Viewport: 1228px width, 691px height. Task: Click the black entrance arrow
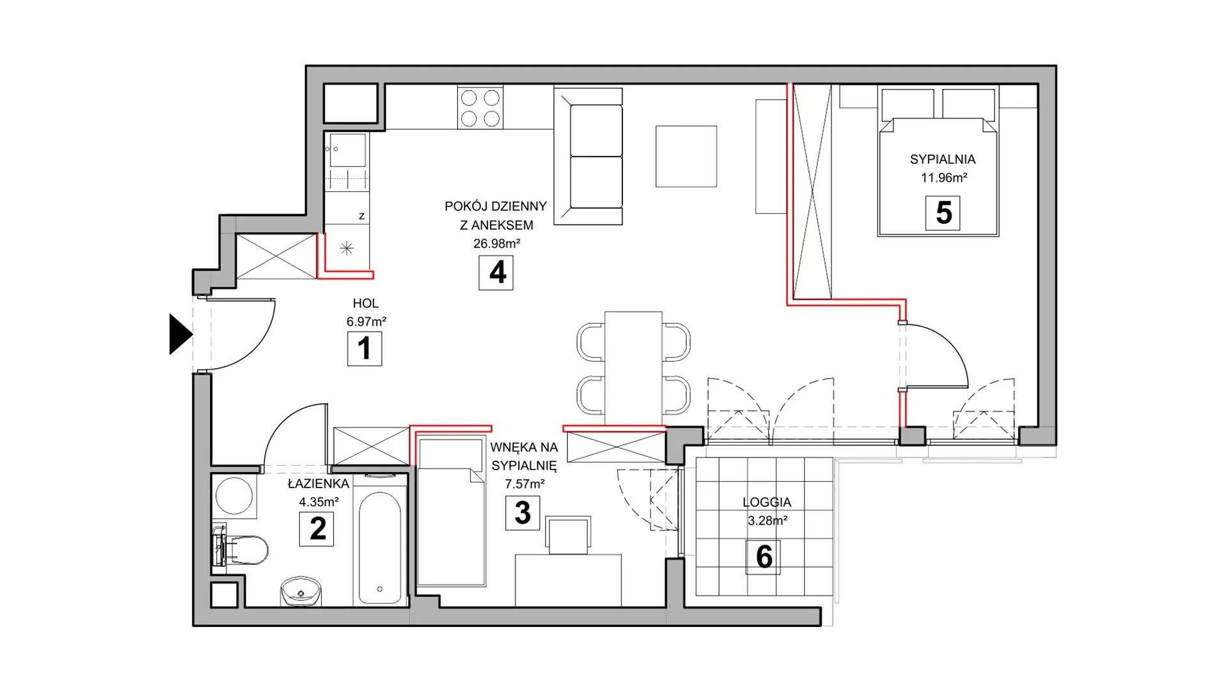180,334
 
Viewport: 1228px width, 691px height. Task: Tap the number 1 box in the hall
365,349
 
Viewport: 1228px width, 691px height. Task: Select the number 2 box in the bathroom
317,529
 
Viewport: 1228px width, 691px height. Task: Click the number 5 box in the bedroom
943,213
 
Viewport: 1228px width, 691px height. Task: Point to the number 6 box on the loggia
764,557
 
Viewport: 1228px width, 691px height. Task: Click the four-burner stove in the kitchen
480,107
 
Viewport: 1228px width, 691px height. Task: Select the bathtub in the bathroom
380,547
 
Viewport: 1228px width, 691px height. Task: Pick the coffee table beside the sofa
686,156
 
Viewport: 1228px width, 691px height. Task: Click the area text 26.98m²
497,243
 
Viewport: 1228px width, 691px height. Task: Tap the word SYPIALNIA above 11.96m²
943,159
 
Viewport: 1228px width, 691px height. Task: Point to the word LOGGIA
767,503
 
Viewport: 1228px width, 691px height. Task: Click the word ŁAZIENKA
319,484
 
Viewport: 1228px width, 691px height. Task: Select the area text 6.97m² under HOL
366,322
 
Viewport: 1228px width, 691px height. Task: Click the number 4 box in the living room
496,273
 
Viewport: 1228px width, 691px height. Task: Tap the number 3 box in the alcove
523,512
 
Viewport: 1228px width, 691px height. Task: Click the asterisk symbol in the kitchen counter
347,248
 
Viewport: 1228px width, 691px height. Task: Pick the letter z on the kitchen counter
362,216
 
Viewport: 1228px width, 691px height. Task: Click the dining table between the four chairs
633,369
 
